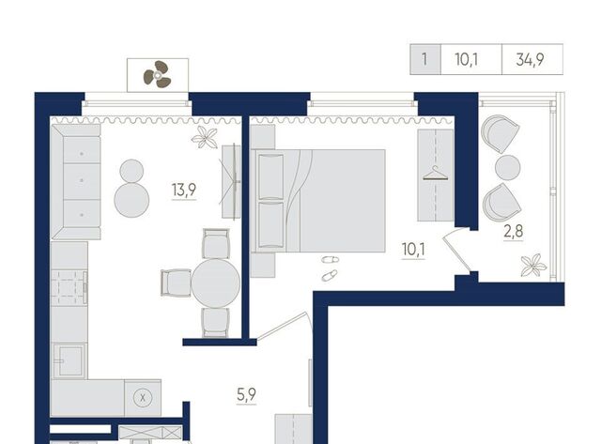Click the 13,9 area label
coord(184,190)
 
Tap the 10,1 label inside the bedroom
coord(413,250)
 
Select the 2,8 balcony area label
coord(514,231)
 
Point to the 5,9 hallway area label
coord(246,394)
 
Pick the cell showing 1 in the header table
coord(425,59)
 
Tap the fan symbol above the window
coord(157,74)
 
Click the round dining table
coord(216,283)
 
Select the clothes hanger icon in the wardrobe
coord(435,173)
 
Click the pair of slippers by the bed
coord(330,268)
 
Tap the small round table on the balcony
coord(508,167)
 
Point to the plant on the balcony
coord(533,265)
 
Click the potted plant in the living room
coord(205,137)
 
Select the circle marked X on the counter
coord(143,398)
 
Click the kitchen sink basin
coord(70,360)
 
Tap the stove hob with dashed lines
coord(69,287)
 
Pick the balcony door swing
coord(456,250)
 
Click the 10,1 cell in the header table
coord(471,59)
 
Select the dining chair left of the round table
coord(176,283)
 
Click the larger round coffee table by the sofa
coord(131,200)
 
